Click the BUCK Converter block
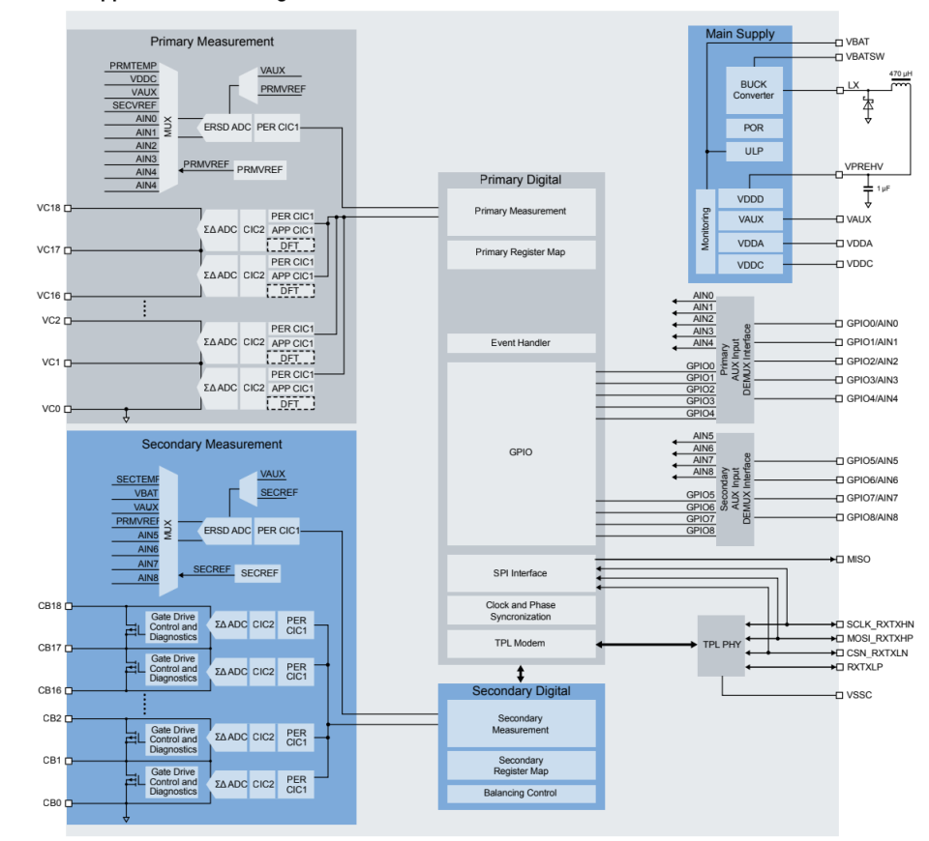tap(754, 90)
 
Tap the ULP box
tap(754, 152)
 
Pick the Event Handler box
tap(521, 343)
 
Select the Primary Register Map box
tap(521, 253)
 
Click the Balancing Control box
tap(521, 793)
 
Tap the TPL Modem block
tap(521, 643)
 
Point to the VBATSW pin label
tap(864, 57)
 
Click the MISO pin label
tap(858, 559)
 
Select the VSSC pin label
tap(859, 695)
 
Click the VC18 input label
tap(49, 208)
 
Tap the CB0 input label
tap(51, 803)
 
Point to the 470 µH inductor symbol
tap(900, 88)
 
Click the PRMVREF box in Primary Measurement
tap(260, 169)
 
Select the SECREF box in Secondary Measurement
tap(259, 573)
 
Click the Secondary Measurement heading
tap(212, 444)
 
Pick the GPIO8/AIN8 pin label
tap(872, 517)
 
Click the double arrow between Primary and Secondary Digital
tap(521, 673)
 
